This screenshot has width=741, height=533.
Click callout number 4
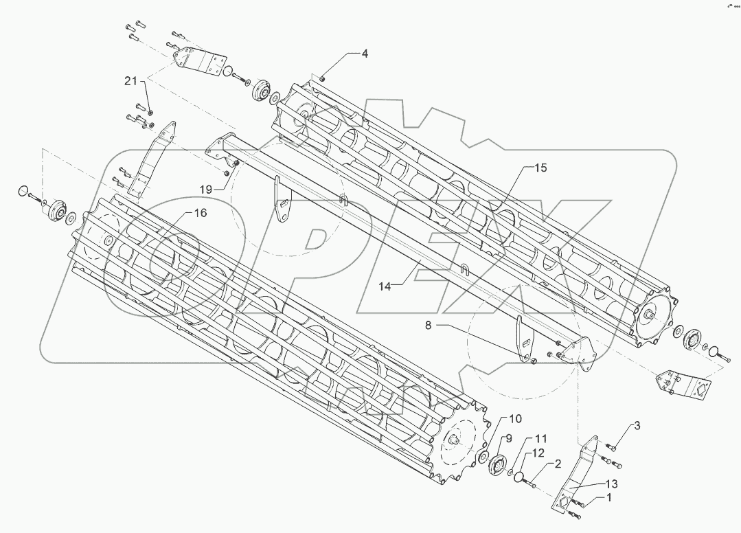[x=365, y=54]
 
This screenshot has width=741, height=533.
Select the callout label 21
[x=131, y=81]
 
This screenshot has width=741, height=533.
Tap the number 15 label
[x=540, y=168]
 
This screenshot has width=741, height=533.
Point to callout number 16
[x=200, y=214]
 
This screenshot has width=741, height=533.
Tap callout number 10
[x=515, y=418]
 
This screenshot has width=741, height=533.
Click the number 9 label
[x=509, y=439]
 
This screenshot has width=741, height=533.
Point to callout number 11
[x=541, y=438]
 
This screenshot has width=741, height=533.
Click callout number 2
[x=558, y=464]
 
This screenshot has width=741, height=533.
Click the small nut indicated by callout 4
[x=322, y=80]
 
